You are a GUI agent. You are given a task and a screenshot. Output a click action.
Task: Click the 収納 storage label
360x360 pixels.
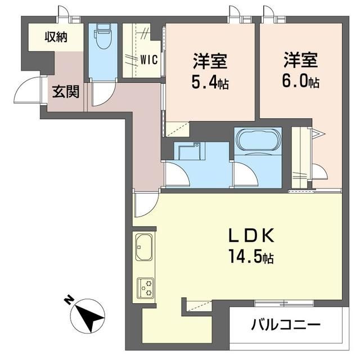56,38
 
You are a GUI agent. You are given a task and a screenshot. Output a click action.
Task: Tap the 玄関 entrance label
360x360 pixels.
66,91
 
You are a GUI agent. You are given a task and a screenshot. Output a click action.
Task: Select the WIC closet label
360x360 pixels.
149,58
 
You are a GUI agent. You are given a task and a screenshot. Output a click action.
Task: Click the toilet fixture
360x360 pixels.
103,38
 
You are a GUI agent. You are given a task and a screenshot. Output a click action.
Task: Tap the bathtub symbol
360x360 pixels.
256,141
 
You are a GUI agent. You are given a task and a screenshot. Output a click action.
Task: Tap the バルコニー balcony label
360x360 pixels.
286,325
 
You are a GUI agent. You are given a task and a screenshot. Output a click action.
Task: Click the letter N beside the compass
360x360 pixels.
69,300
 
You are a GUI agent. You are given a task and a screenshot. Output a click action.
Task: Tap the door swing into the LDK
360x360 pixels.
143,204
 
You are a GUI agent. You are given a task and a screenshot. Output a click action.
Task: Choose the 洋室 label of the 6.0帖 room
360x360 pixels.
300,59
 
